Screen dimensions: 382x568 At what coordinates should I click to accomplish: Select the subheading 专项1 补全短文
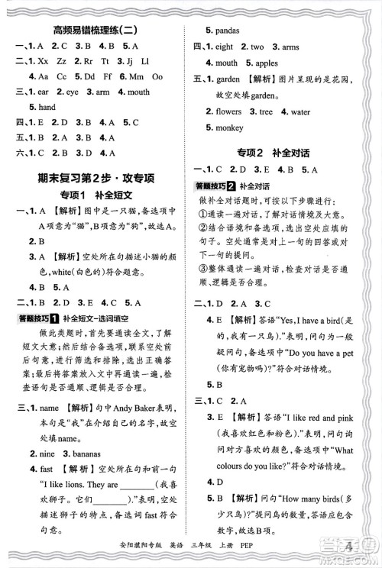coord(95,195)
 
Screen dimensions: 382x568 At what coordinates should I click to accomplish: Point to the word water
coord(300,111)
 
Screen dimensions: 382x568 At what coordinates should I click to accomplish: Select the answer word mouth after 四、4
coord(227,63)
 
